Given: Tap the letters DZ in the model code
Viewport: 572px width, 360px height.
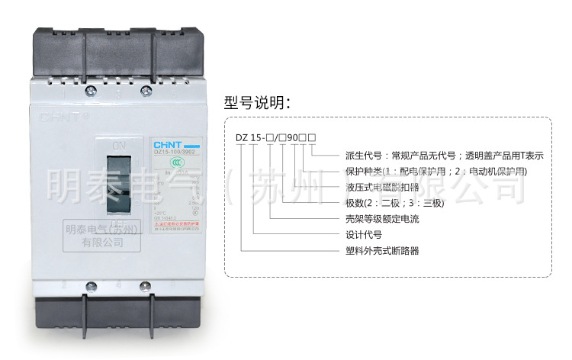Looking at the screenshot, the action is pos(241,138).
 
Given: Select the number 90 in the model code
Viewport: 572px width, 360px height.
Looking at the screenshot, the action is pos(293,138).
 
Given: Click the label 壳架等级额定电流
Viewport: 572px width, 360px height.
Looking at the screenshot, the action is pos(382,220).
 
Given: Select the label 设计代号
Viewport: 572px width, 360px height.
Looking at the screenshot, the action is pos(364,235).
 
